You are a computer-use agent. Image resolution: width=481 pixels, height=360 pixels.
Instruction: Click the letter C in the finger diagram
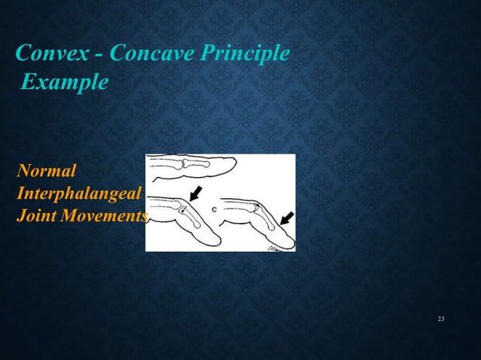point(215,209)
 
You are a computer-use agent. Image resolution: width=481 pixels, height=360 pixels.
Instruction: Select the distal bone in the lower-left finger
point(193,218)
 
